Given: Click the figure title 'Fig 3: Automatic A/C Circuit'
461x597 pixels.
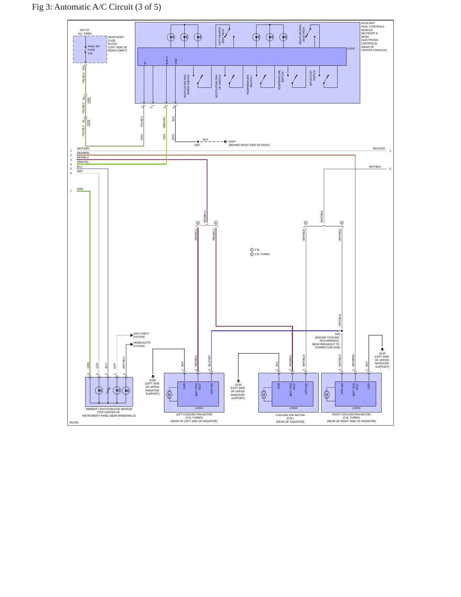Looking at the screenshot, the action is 82,7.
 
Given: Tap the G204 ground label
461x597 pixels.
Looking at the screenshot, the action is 232,141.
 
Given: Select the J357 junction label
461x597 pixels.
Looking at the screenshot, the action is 197,145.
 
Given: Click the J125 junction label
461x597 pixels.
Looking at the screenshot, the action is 337,334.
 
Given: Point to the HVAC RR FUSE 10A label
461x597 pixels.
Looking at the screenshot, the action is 93,50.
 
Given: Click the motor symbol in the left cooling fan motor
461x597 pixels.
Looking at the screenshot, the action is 169,395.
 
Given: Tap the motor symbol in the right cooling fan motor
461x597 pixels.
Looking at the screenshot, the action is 327,395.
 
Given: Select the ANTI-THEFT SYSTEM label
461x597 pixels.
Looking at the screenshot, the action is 141,335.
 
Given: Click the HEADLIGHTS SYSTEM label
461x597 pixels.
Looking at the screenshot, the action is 142,344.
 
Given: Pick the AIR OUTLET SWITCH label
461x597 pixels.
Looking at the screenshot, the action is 312,78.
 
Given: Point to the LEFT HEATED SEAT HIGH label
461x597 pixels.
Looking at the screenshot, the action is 221,36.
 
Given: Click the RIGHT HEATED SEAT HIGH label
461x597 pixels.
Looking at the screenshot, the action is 302,34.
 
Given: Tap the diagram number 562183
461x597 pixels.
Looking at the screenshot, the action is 74,422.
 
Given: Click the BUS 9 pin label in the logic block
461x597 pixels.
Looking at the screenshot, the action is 167,60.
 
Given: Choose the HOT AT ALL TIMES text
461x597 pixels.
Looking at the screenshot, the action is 85,32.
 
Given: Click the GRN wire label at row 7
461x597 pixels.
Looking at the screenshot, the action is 80,189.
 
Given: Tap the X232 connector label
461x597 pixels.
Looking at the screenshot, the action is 88,123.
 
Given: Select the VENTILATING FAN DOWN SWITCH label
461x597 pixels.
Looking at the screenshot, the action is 187,86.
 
